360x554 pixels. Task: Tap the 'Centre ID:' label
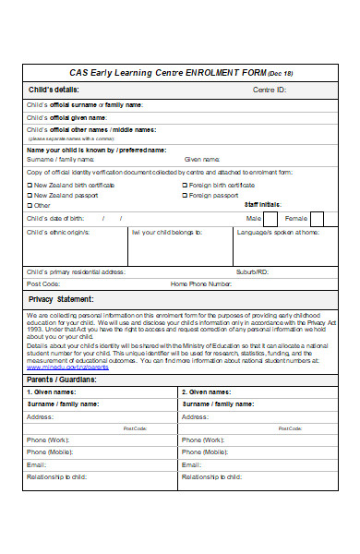point(270,90)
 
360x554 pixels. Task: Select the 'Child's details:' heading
point(54,90)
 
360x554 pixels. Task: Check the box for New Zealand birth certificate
point(30,185)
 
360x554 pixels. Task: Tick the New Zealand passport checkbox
point(30,195)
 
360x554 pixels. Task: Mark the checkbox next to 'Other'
point(30,205)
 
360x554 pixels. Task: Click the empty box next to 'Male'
point(270,219)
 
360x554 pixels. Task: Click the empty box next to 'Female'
point(317,219)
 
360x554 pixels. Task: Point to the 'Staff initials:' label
point(263,205)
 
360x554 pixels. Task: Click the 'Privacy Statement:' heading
point(62,299)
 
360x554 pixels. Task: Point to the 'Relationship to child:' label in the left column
point(57,476)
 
